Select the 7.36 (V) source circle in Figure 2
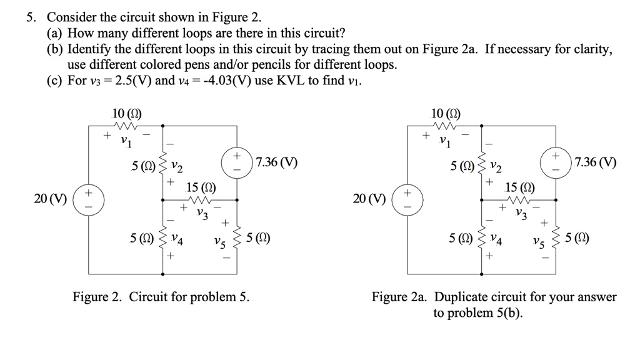(x=237, y=162)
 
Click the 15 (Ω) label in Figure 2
(x=201, y=187)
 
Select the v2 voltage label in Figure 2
(x=177, y=167)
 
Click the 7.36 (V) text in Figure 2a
(x=595, y=162)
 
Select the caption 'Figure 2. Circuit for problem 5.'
(x=161, y=297)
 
